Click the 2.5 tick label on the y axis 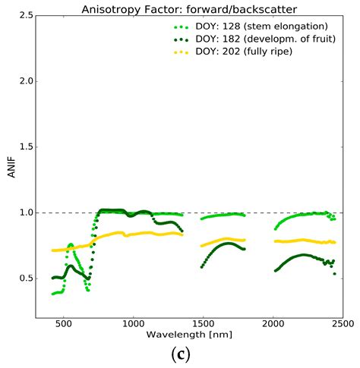25,15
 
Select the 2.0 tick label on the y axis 25,81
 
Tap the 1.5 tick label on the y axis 25,147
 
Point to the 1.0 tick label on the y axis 25,212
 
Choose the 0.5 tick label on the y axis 25,278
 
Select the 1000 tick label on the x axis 133,323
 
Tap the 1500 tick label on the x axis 203,323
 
